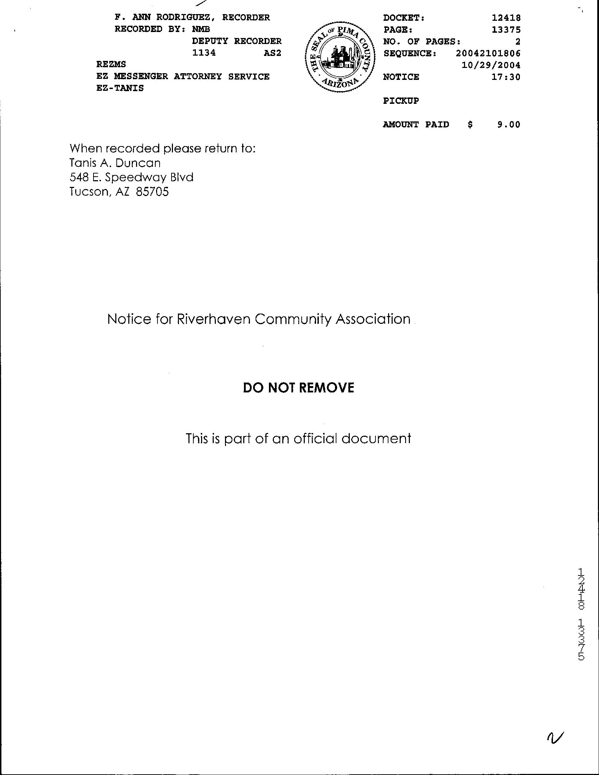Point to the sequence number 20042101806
tap(488, 53)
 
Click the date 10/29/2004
tap(491, 65)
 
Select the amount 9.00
tap(509, 125)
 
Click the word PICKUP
tap(401, 101)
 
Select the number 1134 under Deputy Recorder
tap(204, 53)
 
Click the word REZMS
tap(111, 65)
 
